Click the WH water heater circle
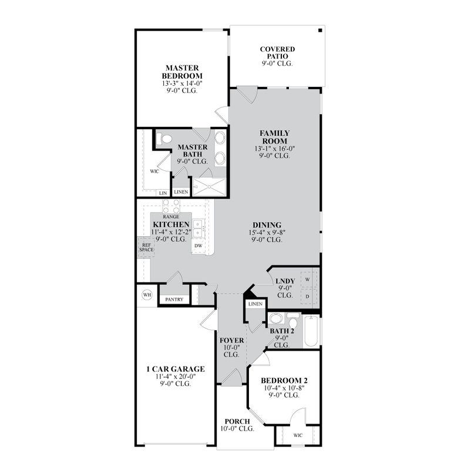(147, 295)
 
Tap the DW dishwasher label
(198, 246)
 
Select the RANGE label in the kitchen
(171, 216)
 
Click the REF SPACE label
(146, 247)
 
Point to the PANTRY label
(174, 300)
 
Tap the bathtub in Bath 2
(311, 331)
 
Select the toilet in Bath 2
(292, 321)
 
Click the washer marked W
(308, 280)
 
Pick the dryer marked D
(308, 297)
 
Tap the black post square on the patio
(320, 31)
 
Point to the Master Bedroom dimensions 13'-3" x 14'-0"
(183, 83)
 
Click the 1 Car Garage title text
(176, 369)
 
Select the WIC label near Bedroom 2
(298, 435)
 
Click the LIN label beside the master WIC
(163, 193)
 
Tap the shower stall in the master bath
(209, 187)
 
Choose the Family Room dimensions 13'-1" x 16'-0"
(275, 149)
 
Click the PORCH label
(237, 421)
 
